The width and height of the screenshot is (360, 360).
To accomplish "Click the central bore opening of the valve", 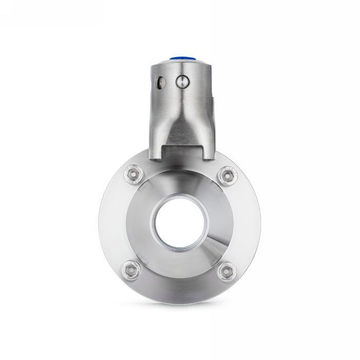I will (x=179, y=222).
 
